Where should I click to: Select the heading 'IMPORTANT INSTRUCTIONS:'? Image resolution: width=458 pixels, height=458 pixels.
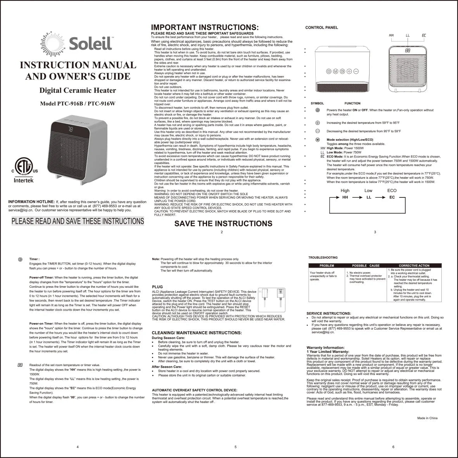click(204, 28)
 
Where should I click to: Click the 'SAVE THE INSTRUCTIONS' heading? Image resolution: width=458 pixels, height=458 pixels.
click(223, 223)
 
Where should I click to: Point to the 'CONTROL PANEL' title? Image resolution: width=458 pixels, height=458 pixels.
click(321, 28)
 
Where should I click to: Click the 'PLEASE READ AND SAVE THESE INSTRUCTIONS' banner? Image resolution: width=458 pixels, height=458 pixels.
click(78, 221)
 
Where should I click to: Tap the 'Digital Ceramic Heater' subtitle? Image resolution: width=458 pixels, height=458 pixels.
click(78, 91)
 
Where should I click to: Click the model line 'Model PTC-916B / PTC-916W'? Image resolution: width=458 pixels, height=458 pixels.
click(78, 104)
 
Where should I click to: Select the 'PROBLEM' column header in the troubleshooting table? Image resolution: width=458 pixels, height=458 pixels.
click(327, 266)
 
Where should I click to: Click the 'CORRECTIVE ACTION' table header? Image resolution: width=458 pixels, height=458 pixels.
click(414, 266)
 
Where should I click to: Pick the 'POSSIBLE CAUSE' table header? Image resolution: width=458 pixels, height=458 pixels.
click(366, 266)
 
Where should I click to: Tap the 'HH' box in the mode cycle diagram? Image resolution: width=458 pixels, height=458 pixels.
click(345, 197)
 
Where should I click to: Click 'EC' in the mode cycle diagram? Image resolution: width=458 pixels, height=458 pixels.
click(392, 197)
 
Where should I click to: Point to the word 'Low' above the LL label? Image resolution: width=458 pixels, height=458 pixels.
click(368, 191)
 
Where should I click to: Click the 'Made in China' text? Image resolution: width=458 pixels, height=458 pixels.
click(427, 418)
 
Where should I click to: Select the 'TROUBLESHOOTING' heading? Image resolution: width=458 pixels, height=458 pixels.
click(323, 258)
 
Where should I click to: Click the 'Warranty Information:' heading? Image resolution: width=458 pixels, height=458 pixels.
click(325, 347)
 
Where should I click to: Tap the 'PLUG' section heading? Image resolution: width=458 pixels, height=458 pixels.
click(157, 287)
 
